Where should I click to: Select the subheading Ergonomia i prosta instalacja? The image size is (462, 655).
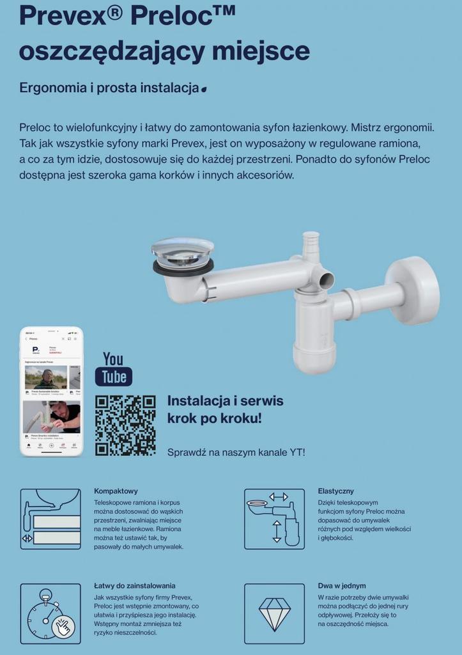pos(109,88)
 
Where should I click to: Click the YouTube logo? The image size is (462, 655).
pos(114,368)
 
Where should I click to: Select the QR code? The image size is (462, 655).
pos(125,425)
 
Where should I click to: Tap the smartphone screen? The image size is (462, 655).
pos(52,391)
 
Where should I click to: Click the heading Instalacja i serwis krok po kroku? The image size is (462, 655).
pos(225,409)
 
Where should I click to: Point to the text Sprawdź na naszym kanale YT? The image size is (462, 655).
pos(236,452)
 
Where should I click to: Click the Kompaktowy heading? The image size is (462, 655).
pos(116,491)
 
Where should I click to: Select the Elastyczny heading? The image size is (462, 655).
pos(335,491)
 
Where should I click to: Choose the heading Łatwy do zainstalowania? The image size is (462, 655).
pos(134,585)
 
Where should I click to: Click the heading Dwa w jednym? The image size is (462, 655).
pos(341,585)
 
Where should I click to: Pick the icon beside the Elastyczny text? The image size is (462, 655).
pos(275,519)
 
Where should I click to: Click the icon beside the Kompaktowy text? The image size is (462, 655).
pos(50,519)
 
